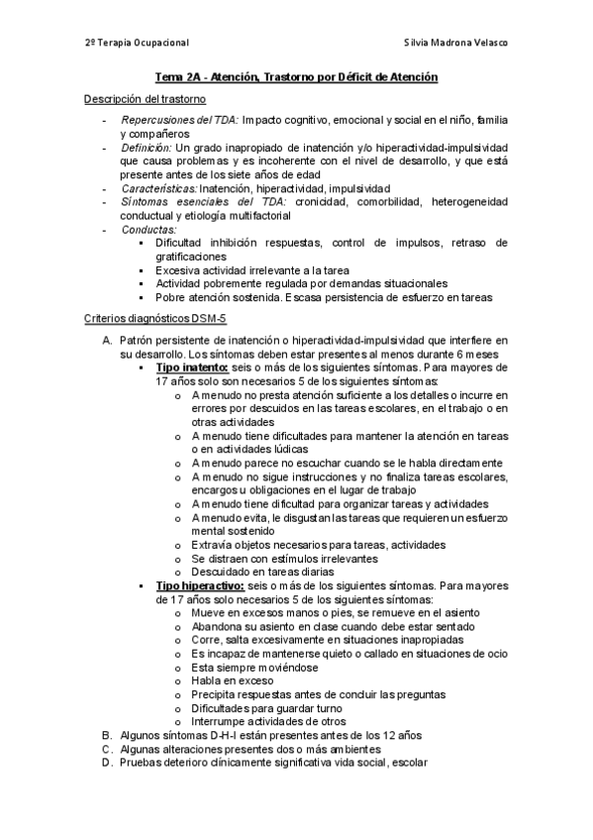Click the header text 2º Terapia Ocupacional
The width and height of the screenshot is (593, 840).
pos(136,44)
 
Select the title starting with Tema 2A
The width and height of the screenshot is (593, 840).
pos(296,77)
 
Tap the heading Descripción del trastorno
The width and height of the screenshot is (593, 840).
pos(145,99)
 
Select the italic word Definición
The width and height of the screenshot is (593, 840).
pos(146,147)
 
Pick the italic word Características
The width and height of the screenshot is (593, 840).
pos(158,187)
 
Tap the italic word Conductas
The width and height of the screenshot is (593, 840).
pos(148,229)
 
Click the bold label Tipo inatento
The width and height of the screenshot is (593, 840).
pos(192,367)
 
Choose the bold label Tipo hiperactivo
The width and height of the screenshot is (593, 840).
pos(199,586)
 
